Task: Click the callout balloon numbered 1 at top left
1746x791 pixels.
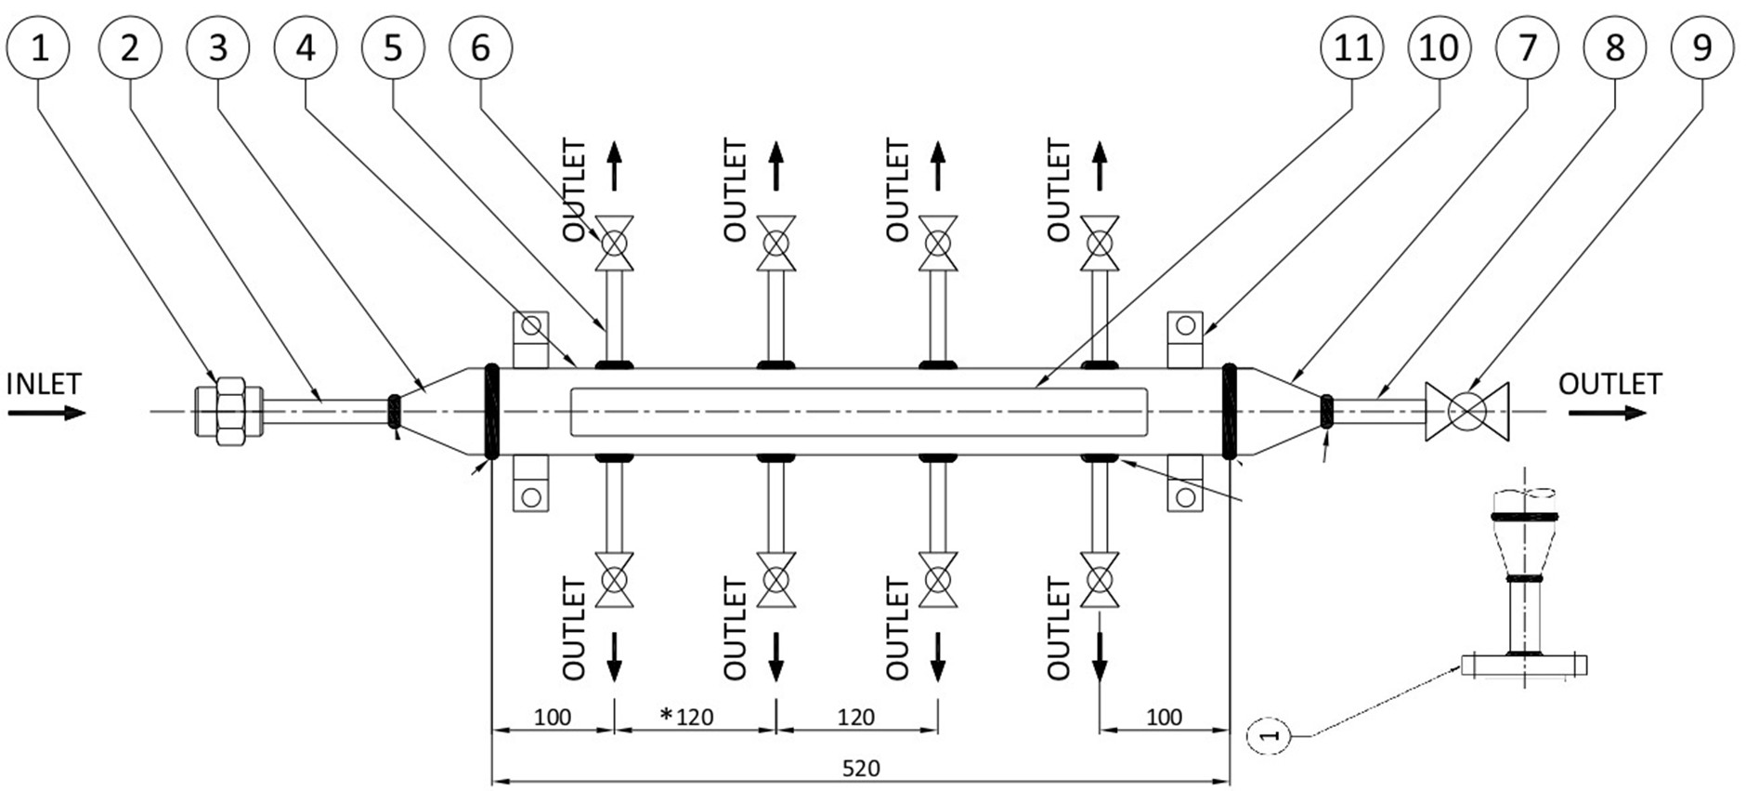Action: [x=39, y=47]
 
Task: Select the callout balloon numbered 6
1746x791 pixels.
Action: [x=480, y=47]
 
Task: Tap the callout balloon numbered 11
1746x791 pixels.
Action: [x=1352, y=47]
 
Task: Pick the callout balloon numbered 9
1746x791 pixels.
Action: [x=1701, y=47]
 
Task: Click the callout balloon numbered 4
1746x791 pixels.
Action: [x=306, y=47]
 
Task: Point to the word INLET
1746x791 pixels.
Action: [x=44, y=384]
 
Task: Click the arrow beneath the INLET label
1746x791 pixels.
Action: [x=46, y=412]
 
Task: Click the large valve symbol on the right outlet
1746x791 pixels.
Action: [x=1466, y=411]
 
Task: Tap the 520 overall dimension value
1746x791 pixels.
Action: [x=861, y=769]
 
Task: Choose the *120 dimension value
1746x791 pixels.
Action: [x=687, y=717]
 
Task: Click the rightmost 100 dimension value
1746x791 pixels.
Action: [x=1164, y=717]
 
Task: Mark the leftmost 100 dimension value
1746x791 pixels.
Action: [x=552, y=717]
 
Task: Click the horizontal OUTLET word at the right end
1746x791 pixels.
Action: [x=1609, y=384]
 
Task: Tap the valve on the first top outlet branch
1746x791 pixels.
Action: [x=614, y=244]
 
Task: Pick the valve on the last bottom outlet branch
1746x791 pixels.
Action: [x=1100, y=581]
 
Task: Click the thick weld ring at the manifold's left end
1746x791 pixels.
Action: [x=492, y=411]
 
